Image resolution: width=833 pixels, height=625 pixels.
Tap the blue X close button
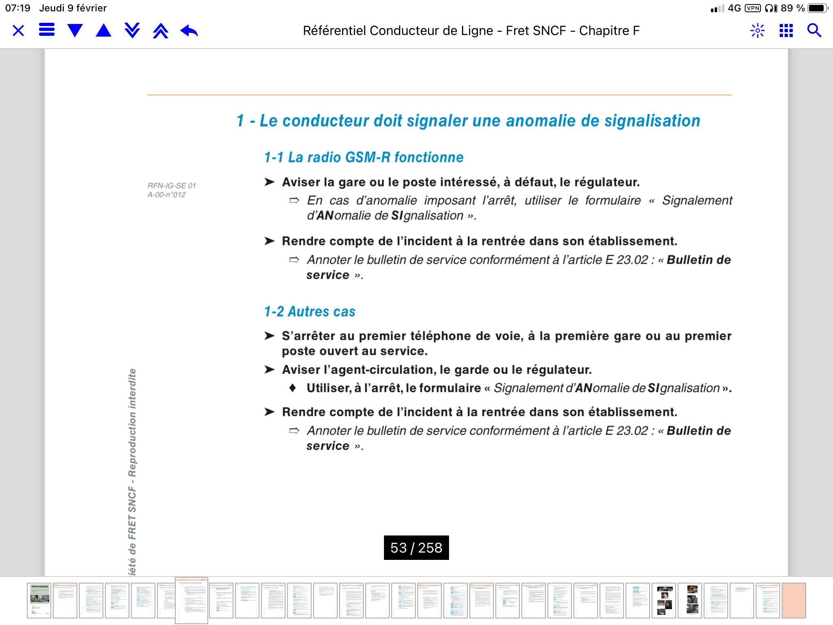(x=18, y=31)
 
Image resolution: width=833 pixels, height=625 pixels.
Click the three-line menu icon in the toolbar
(x=47, y=30)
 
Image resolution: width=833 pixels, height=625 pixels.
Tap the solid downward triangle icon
(x=75, y=31)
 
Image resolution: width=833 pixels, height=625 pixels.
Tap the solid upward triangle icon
(x=104, y=31)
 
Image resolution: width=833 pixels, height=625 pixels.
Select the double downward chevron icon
(x=132, y=31)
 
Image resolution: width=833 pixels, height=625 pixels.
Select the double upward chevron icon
(x=161, y=31)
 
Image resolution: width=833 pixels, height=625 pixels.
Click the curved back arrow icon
(x=189, y=31)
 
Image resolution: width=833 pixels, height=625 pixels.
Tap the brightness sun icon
(x=757, y=31)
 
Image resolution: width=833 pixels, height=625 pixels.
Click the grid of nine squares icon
(x=786, y=31)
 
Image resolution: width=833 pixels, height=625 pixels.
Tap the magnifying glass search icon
(x=814, y=31)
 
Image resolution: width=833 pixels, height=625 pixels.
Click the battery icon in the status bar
(x=818, y=8)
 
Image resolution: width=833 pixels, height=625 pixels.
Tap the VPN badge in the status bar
(x=753, y=8)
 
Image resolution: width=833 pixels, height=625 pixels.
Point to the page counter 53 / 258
(x=416, y=548)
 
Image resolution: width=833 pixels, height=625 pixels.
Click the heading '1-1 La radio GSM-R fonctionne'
(x=364, y=157)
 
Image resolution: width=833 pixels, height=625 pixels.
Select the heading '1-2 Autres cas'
(x=310, y=312)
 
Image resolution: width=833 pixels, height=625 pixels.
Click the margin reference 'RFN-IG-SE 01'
(x=172, y=186)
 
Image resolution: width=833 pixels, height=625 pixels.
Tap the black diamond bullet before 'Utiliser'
(x=292, y=388)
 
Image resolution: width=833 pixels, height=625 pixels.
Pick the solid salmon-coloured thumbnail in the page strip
(x=794, y=601)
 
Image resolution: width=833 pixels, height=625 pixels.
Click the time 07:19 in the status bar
(x=17, y=8)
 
